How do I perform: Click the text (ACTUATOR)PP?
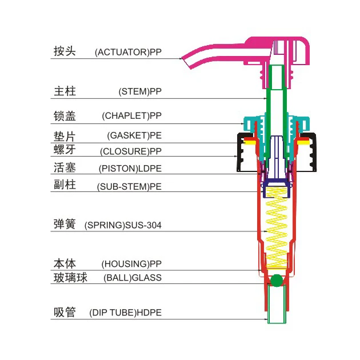tap(128, 52)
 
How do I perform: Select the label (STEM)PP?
tap(140, 91)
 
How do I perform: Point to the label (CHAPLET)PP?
tap(132, 115)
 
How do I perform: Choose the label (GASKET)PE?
tap(134, 136)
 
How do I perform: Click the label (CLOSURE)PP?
tap(131, 151)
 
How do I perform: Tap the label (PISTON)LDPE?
tap(130, 169)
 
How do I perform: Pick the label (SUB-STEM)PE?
tap(129, 186)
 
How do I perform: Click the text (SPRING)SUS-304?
tap(123, 225)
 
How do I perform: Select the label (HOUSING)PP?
tap(131, 264)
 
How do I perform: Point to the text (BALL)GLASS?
tap(133, 278)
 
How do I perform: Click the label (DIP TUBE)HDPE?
tap(125, 313)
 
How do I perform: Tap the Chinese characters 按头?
tap(65, 51)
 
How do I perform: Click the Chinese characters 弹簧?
tap(65, 224)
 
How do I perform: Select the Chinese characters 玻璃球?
tap(70, 278)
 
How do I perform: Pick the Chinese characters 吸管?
tap(65, 313)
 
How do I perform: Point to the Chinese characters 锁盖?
tap(65, 115)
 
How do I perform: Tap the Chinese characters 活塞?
tap(65, 168)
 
